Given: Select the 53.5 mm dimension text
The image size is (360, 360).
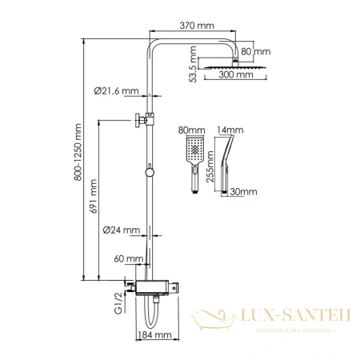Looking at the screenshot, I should pos(193,62).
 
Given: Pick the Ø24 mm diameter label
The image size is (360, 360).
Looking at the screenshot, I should pos(122,230).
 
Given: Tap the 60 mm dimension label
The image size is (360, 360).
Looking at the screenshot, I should pos(129,258).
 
